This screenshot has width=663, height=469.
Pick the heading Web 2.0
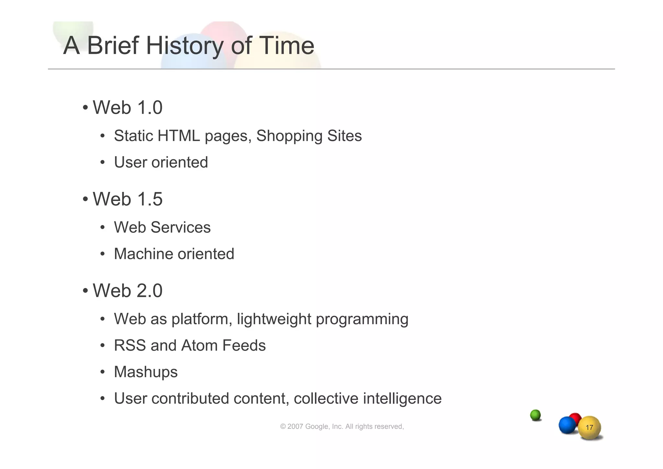tap(127, 290)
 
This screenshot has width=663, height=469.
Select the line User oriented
tap(161, 162)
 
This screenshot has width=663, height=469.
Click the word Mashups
tap(146, 372)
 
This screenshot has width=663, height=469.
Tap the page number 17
tap(590, 428)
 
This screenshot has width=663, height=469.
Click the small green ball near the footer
tap(535, 415)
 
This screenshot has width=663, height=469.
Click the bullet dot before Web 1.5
tap(85, 199)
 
